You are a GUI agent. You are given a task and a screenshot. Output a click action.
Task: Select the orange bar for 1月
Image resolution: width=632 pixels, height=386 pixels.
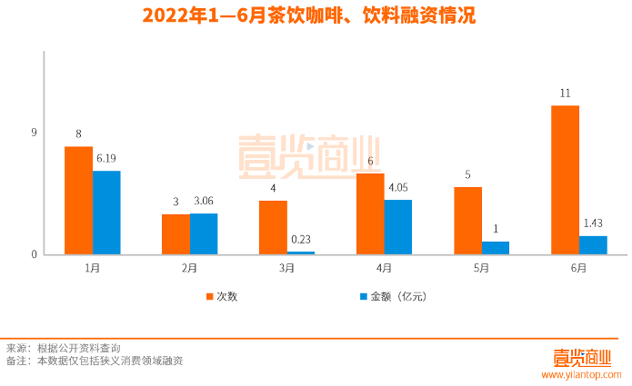coord(78,200)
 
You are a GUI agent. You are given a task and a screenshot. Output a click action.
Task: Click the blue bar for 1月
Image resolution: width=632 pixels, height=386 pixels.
coord(106,213)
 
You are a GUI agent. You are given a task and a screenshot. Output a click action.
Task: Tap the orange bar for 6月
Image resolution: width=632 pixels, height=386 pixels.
coord(565,180)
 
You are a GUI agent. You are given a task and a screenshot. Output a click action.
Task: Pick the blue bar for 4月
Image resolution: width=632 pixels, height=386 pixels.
coord(397,227)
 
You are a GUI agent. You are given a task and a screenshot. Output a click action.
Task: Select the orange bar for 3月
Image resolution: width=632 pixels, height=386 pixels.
coord(273,227)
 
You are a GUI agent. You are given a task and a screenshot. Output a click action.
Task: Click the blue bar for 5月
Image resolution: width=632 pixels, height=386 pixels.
coord(495,248)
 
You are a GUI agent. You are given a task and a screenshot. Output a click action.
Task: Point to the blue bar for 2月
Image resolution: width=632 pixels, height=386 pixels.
coord(204,233)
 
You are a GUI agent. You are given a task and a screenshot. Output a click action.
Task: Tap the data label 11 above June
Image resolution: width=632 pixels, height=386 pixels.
coord(565,94)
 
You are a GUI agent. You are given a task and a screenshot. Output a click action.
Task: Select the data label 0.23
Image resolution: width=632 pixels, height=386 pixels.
coord(301,240)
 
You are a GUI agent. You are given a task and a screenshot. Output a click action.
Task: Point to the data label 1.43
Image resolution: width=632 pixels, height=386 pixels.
coord(593,223)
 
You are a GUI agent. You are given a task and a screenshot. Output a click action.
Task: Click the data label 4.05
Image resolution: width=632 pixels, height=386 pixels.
coord(397,188)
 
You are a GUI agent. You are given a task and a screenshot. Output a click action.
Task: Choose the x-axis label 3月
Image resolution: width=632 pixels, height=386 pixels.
coord(286,268)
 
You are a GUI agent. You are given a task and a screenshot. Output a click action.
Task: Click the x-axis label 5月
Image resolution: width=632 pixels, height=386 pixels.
coord(481,268)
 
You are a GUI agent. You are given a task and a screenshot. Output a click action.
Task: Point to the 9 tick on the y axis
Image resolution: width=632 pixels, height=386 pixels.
coord(34,133)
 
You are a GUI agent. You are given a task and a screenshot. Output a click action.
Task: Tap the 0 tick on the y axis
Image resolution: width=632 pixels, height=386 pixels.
coord(34,254)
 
